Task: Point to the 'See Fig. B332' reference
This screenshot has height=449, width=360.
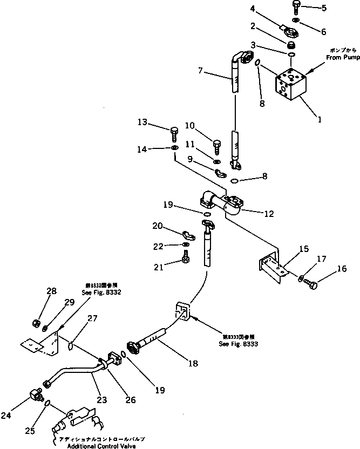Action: [102, 292]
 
